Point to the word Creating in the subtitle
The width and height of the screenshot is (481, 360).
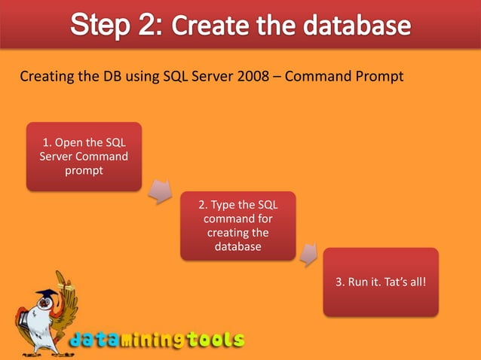point(44,76)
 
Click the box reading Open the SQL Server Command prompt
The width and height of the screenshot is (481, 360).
point(84,157)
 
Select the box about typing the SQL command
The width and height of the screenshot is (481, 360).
point(237,226)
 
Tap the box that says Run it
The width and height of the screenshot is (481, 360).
point(381,282)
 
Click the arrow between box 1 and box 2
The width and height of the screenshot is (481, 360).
point(158,191)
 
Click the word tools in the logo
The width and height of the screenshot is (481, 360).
point(216,340)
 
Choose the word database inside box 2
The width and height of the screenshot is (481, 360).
point(237,247)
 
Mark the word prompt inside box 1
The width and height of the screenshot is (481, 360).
point(84,171)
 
